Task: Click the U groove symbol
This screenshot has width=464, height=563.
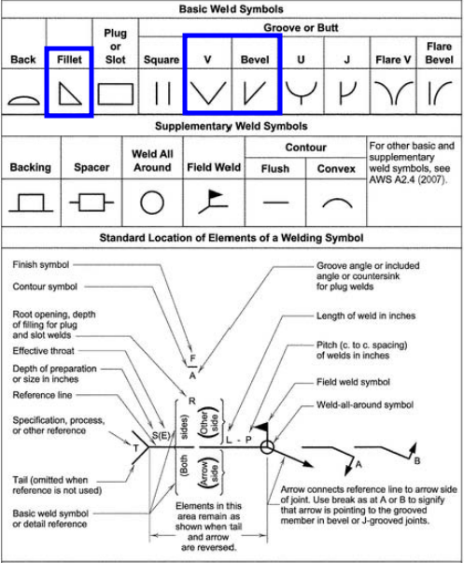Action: coord(301,94)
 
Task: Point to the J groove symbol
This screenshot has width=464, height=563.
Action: coord(341,93)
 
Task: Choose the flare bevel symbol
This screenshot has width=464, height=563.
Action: coord(430,93)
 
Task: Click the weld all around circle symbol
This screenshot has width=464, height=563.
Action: coord(141,203)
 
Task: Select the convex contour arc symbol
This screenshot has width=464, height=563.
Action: coord(337,199)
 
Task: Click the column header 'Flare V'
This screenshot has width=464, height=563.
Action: coord(393,60)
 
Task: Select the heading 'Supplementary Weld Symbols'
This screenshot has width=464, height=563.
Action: coord(232,126)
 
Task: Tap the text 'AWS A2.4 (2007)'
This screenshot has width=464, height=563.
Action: coord(408,179)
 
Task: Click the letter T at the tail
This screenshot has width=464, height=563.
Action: coord(135,448)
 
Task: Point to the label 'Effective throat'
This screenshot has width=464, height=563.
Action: coord(44,351)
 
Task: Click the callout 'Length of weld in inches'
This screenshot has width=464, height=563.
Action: coord(366,316)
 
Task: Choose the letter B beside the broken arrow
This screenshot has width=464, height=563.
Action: coord(417,460)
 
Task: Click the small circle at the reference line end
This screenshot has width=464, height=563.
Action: coord(267,442)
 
